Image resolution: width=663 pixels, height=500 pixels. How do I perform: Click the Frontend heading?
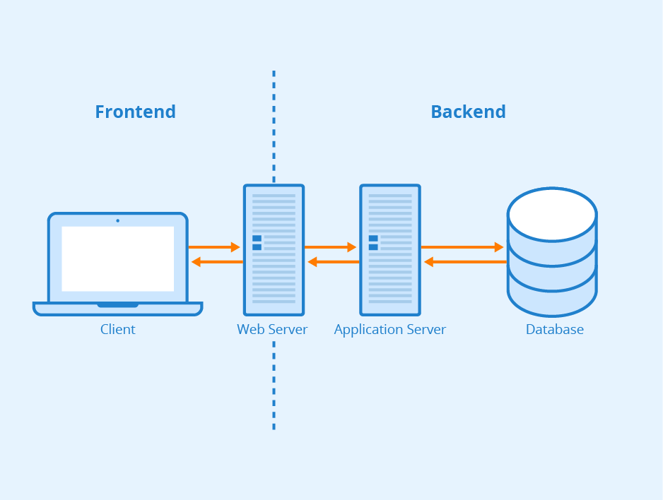point(135,112)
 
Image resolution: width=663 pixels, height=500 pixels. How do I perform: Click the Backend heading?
point(468,112)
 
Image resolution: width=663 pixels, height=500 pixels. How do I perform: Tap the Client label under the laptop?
point(117,329)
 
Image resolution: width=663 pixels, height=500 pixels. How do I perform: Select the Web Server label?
point(272,329)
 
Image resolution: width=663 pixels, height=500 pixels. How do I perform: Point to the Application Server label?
point(389,329)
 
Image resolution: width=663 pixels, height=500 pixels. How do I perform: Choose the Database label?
point(554,329)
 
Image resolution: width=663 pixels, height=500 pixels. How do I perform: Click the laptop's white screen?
point(117,258)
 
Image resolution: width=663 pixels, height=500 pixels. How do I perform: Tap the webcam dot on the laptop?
point(117,220)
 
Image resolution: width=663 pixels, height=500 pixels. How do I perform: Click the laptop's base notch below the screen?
point(117,305)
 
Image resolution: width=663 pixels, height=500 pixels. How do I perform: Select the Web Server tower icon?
point(274,250)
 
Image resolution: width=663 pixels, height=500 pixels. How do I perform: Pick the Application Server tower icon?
point(389,250)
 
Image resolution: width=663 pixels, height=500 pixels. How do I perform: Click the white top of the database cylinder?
point(552,214)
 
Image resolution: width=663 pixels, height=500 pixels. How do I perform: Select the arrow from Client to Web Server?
point(214,247)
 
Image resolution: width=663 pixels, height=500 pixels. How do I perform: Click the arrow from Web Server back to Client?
point(217,262)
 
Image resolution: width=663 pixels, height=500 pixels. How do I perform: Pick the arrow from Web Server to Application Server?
point(330,247)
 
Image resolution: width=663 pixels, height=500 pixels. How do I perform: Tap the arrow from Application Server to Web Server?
point(333,262)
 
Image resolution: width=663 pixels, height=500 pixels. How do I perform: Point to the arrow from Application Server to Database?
point(462,247)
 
